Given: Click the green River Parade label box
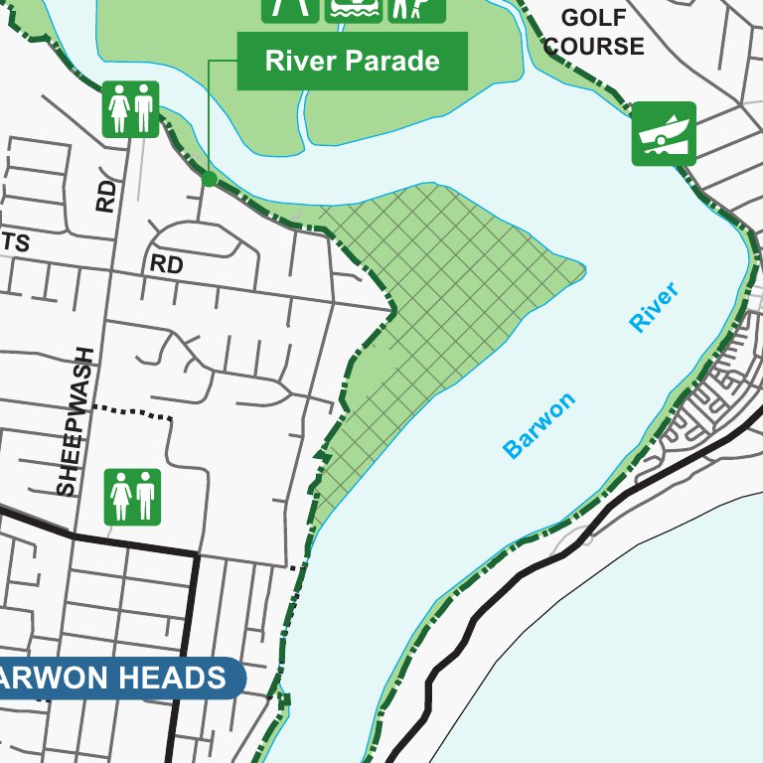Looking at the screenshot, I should coord(352,62).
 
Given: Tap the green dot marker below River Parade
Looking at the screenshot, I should coord(209,179).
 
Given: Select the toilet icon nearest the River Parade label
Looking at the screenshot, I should coord(130,108).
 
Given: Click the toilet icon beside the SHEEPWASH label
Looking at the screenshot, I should coord(132,497).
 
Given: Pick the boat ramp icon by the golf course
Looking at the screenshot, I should coord(664,134).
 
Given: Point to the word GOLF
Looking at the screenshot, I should coord(594,18).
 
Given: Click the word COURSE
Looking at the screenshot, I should coord(594,46).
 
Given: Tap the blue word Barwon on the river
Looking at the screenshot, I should coord(539,426).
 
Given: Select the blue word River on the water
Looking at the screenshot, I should coord(654,307).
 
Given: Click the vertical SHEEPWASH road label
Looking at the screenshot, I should coord(68,421).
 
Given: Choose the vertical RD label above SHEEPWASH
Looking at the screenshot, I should coord(106,196).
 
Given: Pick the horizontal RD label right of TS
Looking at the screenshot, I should coord(167,265).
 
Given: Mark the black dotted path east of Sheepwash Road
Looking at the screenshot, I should coord(132,411).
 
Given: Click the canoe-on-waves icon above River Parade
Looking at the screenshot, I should coord(355,8).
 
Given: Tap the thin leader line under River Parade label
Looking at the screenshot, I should coord(210,119).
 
